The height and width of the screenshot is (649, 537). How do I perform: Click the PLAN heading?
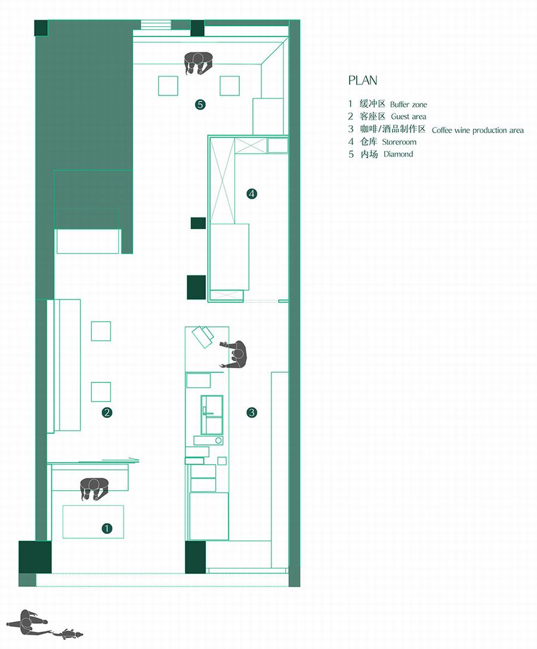click(x=363, y=81)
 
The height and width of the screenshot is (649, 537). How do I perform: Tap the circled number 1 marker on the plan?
click(x=107, y=529)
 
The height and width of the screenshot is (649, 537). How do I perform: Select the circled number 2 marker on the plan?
click(x=107, y=412)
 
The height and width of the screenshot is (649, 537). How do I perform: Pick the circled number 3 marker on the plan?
click(x=251, y=412)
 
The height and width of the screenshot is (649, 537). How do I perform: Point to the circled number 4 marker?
click(x=251, y=193)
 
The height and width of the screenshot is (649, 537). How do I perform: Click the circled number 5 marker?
click(x=200, y=104)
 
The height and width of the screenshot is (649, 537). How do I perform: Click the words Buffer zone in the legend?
click(x=408, y=105)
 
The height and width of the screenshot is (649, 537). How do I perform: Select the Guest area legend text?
click(x=408, y=117)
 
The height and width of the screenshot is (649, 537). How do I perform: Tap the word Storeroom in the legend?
click(x=399, y=142)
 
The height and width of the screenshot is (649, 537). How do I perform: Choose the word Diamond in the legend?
click(x=399, y=154)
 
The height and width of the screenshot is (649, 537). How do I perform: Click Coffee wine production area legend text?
click(x=477, y=131)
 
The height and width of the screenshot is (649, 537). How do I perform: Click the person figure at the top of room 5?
click(x=199, y=63)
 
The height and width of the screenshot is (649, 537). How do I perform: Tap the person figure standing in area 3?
click(x=234, y=354)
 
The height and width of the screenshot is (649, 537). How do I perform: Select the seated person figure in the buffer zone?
click(x=94, y=489)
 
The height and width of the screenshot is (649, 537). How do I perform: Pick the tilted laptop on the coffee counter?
click(x=202, y=336)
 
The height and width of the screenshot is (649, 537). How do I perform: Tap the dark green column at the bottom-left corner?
click(x=35, y=557)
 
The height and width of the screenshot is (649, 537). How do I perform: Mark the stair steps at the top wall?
click(x=156, y=24)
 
